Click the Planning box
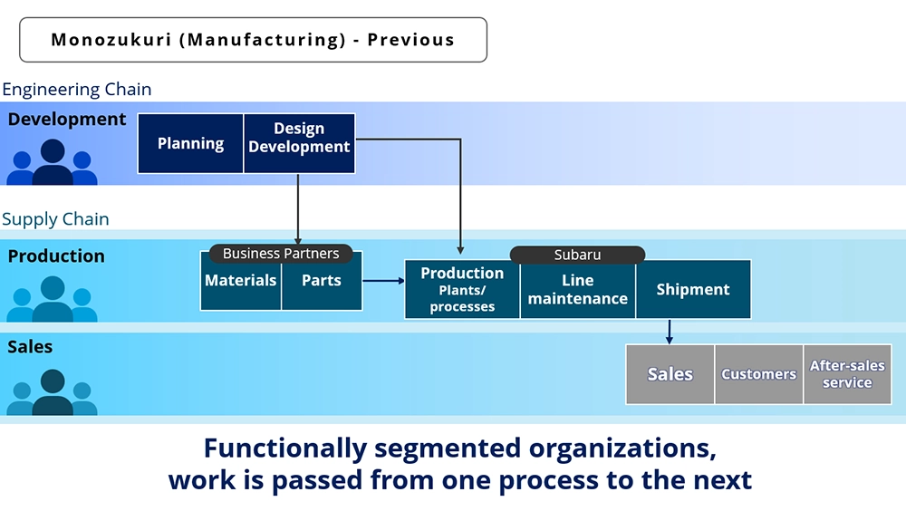(190, 143)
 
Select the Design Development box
(299, 143)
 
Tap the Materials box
(241, 281)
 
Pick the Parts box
(322, 281)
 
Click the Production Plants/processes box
(462, 290)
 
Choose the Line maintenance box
(578, 290)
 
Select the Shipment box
(693, 290)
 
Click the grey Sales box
(670, 374)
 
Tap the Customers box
(758, 374)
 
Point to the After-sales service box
(847, 374)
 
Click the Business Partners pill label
(281, 253)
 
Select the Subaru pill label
(577, 255)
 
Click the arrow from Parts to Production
(383, 281)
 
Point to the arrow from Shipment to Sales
(670, 332)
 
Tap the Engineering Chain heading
(77, 90)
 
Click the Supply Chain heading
(55, 219)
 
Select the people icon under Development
(52, 162)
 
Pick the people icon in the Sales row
(52, 392)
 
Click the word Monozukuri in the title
(111, 39)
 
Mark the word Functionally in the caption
(285, 448)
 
